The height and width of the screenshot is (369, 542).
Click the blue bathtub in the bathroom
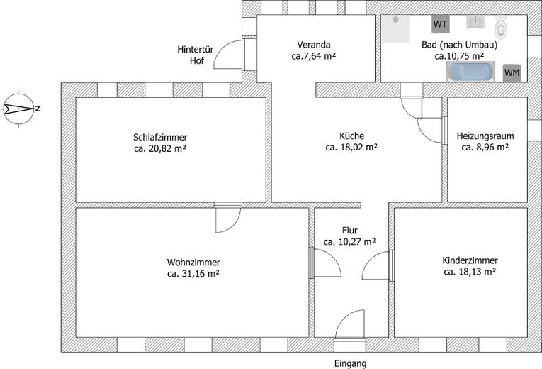coord(470,71)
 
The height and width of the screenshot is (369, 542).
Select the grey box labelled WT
coord(440,24)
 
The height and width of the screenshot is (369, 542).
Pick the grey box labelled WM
coord(511,72)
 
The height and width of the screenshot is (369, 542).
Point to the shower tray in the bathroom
coord(396,28)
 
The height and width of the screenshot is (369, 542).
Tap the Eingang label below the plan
coord(350,363)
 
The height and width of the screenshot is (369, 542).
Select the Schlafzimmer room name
coord(160,137)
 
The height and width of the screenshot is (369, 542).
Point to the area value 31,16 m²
coord(193,272)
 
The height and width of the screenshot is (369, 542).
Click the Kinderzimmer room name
coord(469,260)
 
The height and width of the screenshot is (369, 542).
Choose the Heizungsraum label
coord(485,136)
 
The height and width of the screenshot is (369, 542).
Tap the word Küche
coord(351,136)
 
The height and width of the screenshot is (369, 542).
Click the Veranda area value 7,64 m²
coord(316,55)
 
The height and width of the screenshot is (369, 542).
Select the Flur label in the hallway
coord(349,231)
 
